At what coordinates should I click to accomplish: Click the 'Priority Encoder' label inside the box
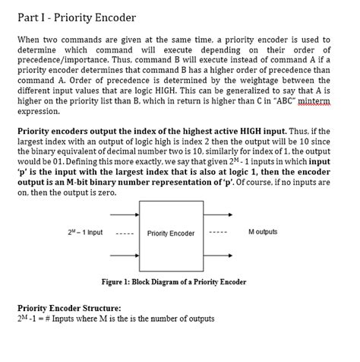click(171, 233)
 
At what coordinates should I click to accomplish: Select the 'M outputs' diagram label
click(263, 232)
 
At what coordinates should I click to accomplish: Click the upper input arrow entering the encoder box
click(125, 214)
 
